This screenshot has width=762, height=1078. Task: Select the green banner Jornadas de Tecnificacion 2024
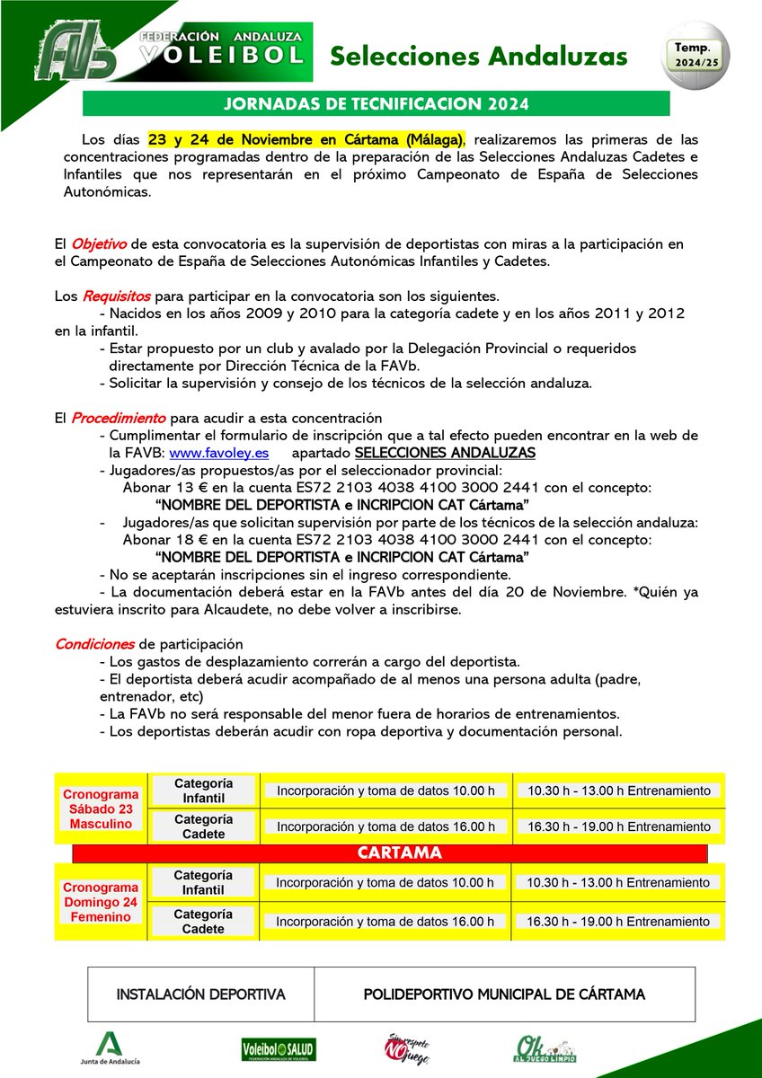tap(376, 103)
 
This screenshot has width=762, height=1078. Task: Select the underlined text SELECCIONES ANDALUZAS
tap(445, 452)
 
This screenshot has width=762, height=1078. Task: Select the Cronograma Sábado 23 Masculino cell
tap(100, 808)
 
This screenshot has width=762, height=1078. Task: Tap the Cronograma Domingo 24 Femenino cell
tap(100, 901)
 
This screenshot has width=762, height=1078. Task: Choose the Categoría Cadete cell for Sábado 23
tap(203, 826)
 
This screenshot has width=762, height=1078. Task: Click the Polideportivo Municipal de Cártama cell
tap(504, 994)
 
